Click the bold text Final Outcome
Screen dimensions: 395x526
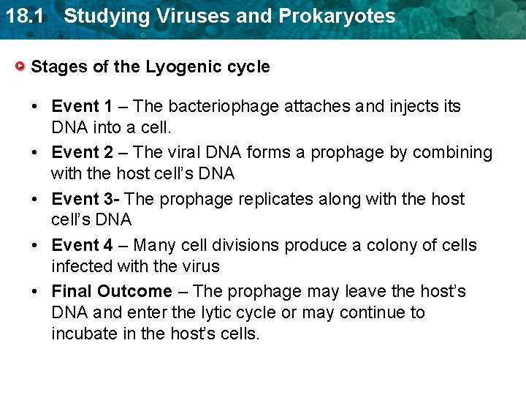[112, 291]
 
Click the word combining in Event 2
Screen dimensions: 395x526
[452, 153]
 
